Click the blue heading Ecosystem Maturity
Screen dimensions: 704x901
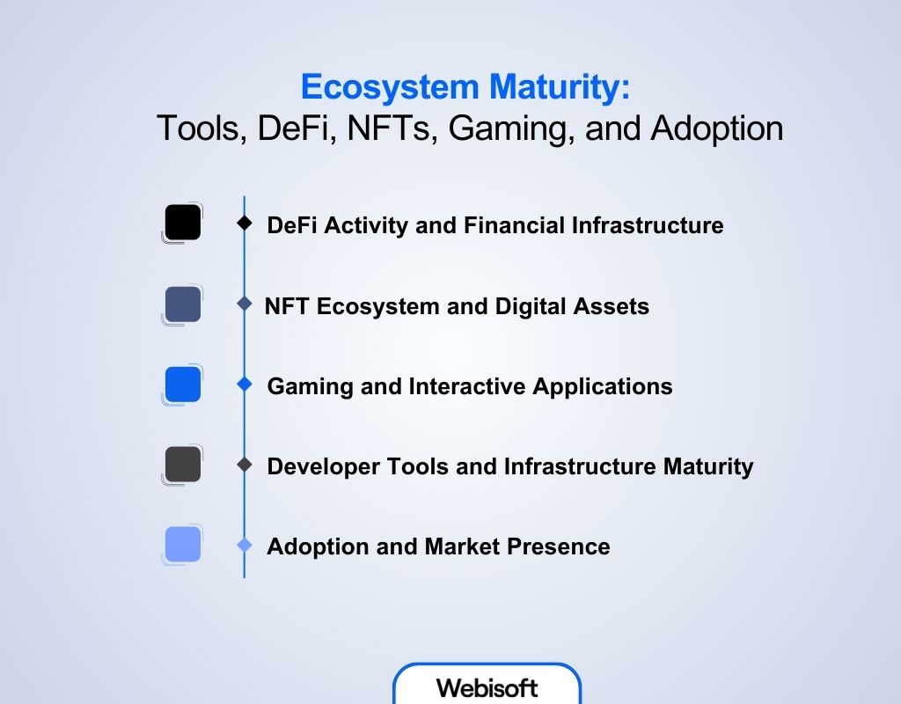pyautogui.click(x=465, y=88)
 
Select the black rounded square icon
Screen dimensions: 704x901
pyautogui.click(x=183, y=223)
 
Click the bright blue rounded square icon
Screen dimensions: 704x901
pyautogui.click(x=183, y=385)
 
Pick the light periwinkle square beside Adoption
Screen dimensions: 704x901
pyautogui.click(x=183, y=545)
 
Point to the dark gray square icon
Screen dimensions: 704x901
pyautogui.click(x=183, y=465)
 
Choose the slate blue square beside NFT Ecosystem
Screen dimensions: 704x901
pyautogui.click(x=183, y=304)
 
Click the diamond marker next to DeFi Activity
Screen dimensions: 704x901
pyautogui.click(x=245, y=224)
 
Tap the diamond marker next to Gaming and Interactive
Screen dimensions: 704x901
pyautogui.click(x=245, y=385)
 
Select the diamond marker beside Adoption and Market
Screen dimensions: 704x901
pyautogui.click(x=245, y=546)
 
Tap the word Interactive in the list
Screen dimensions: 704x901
pyautogui.click(x=462, y=386)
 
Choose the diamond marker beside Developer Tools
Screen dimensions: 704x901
pyautogui.click(x=245, y=465)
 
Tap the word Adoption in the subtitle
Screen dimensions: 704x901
pyautogui.click(x=716, y=128)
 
